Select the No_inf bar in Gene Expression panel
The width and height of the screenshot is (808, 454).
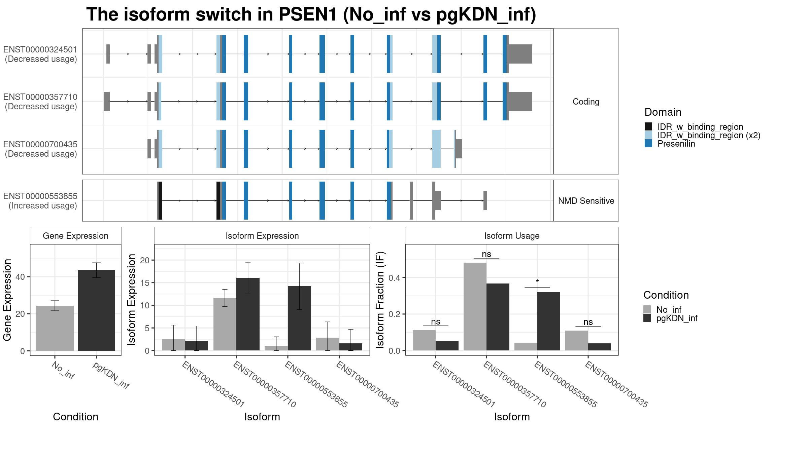click(x=55, y=328)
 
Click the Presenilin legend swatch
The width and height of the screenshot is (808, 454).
click(x=648, y=144)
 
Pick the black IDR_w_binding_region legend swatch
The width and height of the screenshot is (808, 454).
click(x=648, y=127)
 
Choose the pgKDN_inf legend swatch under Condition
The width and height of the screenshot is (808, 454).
click(x=647, y=318)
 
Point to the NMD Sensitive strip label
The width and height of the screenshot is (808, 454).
click(x=586, y=201)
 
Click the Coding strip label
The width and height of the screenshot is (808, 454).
click(x=586, y=102)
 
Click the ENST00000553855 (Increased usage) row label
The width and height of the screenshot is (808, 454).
click(x=40, y=201)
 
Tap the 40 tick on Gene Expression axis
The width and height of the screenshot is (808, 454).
click(x=23, y=277)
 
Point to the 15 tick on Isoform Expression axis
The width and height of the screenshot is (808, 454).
click(x=145, y=283)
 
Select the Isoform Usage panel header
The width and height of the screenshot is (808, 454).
click(x=511, y=236)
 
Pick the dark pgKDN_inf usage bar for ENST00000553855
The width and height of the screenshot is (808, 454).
click(x=549, y=321)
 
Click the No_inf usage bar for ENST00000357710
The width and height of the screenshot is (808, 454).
click(x=475, y=306)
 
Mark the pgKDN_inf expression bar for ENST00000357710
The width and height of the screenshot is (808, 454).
click(x=248, y=314)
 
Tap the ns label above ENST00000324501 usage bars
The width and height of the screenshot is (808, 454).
click(x=435, y=322)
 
